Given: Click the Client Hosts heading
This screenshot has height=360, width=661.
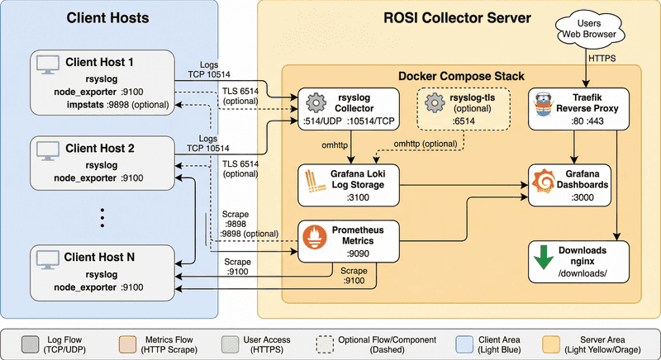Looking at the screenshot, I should coord(109,18).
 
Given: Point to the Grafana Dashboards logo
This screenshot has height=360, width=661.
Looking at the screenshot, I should coord(544,179).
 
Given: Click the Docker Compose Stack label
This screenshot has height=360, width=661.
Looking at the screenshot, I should coord(459,77).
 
